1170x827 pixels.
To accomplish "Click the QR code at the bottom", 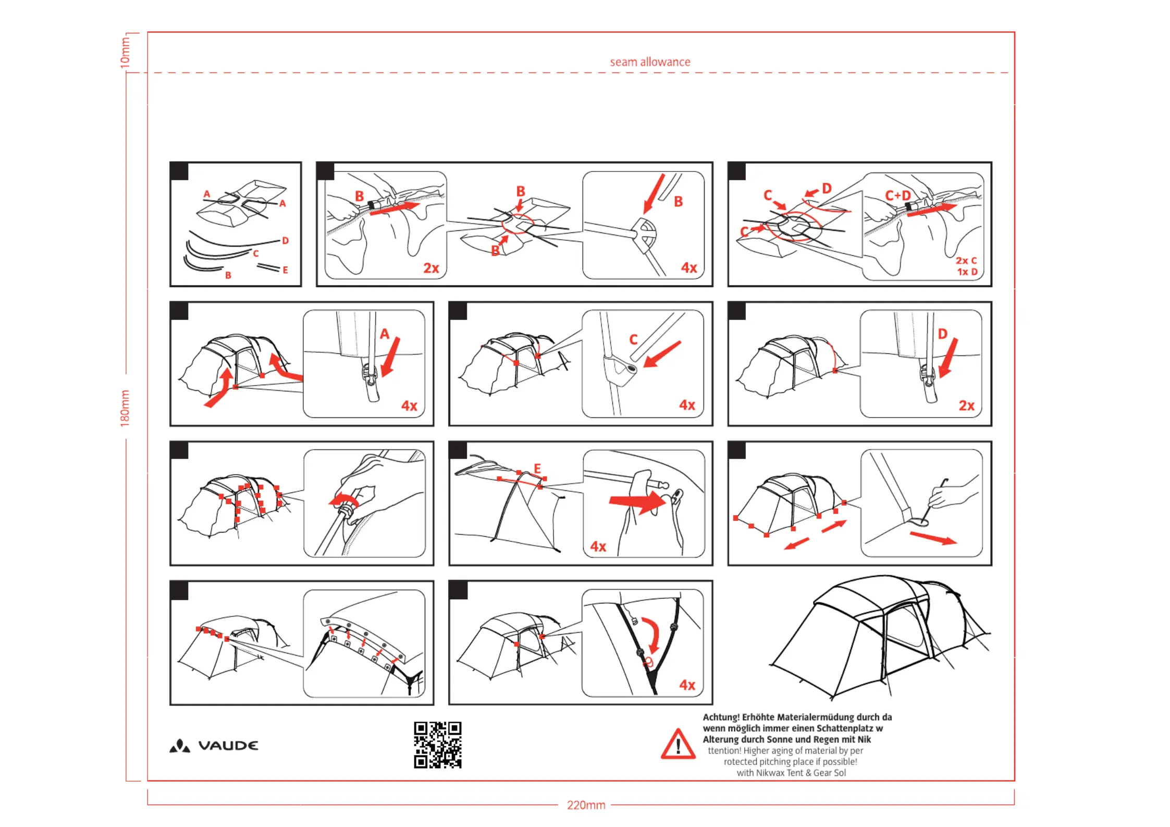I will click(437, 745).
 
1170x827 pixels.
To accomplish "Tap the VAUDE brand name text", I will click(228, 746).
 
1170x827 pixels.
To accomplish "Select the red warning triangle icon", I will click(678, 745).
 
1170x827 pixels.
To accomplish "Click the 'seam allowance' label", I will click(650, 62).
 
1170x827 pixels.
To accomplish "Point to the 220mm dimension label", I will click(586, 805).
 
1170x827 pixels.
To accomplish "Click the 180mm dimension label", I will click(125, 408).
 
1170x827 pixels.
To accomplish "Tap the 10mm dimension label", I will click(125, 52).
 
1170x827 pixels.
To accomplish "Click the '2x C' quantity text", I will click(966, 261).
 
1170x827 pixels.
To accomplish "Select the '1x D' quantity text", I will click(967, 272).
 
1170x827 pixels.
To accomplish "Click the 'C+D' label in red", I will click(898, 195).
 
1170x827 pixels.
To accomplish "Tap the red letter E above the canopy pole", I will click(537, 468).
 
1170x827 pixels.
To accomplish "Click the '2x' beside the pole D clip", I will click(966, 405).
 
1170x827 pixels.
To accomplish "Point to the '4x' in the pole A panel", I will click(409, 405).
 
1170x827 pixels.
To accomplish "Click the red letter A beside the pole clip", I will click(385, 334).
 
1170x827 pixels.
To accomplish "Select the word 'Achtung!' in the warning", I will click(721, 717).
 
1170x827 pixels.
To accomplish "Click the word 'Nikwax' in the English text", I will click(770, 773).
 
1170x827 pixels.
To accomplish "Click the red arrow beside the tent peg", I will click(933, 538).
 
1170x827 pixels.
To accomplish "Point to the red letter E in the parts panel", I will click(285, 270).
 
